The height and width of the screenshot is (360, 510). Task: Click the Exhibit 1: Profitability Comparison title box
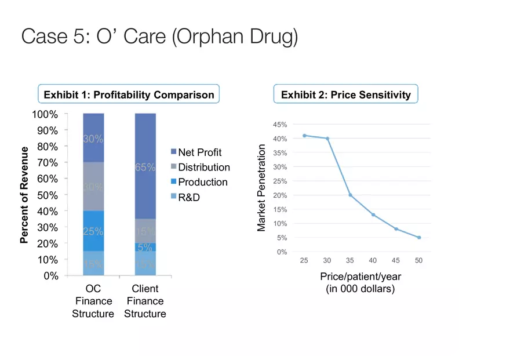129,94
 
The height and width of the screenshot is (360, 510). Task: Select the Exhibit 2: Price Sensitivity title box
345,94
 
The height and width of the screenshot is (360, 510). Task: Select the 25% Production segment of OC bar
93,231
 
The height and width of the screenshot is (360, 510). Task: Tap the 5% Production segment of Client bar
145,247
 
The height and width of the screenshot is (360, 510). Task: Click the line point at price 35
350,195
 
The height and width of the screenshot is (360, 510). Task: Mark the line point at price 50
418,237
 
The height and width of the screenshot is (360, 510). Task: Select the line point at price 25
304,136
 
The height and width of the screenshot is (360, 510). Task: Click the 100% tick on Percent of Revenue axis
45,114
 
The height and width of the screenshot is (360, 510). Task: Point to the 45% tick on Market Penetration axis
279,125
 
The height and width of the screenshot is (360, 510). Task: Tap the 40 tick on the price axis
373,260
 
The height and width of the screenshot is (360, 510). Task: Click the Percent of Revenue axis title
24,195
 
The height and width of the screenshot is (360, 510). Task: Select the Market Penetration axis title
262,188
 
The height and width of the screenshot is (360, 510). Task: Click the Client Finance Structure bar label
145,301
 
